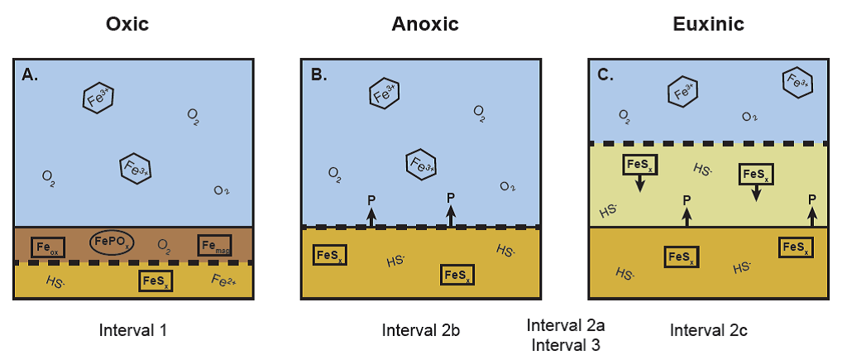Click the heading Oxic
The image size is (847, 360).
(x=127, y=24)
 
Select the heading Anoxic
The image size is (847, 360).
(x=425, y=24)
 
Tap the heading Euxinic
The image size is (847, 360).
(x=709, y=24)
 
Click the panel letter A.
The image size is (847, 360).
(x=31, y=74)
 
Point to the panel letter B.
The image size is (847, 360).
(x=318, y=74)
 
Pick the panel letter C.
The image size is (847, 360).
(x=605, y=74)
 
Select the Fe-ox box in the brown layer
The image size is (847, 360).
(x=48, y=247)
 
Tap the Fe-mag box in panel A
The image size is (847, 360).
(x=214, y=245)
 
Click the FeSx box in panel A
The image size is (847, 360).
(x=156, y=281)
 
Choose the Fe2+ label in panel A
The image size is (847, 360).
(x=224, y=280)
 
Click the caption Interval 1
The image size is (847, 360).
(x=133, y=331)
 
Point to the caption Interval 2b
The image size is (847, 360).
(x=421, y=331)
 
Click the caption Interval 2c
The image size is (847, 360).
(x=709, y=331)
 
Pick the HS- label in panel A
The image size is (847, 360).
(x=55, y=282)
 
